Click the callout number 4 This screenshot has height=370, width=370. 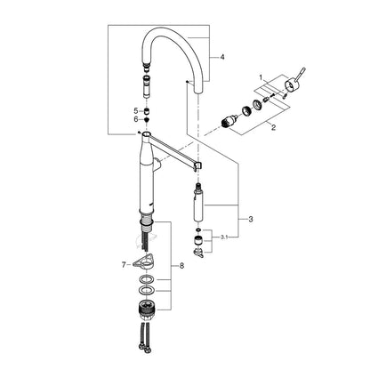[x=222, y=57]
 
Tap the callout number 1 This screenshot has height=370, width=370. [x=261, y=77]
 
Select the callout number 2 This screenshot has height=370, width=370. [x=273, y=127]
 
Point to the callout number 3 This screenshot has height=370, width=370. [x=251, y=220]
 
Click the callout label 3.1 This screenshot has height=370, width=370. [x=224, y=237]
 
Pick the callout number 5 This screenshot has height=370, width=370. [x=136, y=111]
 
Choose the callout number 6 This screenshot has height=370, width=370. [x=136, y=119]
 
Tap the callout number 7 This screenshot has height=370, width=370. [x=124, y=265]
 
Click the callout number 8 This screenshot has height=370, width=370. [x=181, y=266]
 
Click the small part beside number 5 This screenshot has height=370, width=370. [x=146, y=111]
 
